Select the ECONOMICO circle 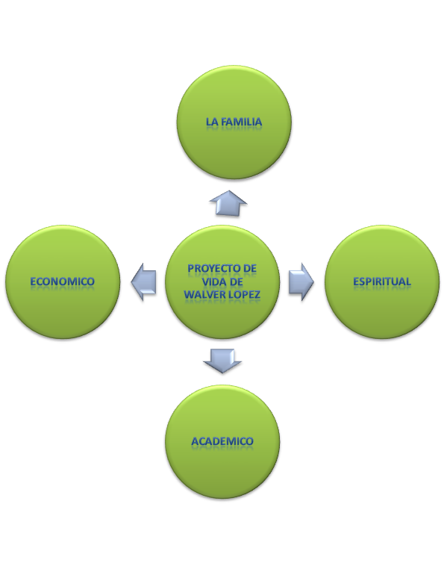point(62,281)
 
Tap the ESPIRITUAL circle point(382,281)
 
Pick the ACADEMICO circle point(222,441)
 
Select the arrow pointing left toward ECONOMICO point(143,281)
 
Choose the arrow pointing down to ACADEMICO point(222,361)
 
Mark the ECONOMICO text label point(62,281)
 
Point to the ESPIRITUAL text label point(382,281)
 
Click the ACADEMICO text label point(222,441)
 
